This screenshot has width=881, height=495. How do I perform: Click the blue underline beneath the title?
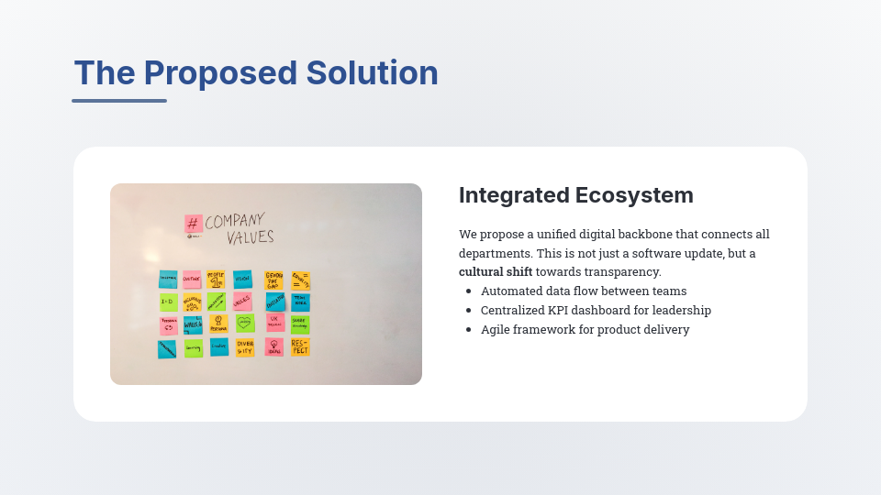point(119,101)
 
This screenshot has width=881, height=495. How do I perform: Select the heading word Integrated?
point(513,195)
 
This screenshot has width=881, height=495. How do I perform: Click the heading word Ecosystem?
point(634,195)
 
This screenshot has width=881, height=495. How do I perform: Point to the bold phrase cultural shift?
point(496,272)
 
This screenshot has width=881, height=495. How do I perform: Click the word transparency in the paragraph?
point(621,272)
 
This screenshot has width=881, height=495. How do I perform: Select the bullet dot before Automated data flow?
point(469,291)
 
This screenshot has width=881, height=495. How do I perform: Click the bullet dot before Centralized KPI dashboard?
point(469,311)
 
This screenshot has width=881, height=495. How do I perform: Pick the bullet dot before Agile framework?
point(469,330)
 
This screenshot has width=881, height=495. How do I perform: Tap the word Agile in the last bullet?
point(496,330)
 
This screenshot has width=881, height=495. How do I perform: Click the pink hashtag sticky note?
point(193,224)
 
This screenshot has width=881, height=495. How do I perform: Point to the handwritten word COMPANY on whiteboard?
point(234,221)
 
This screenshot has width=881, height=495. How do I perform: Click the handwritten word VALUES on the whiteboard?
point(251,237)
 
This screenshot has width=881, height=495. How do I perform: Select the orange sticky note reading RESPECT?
point(300,346)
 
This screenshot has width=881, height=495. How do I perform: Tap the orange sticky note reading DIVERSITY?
point(245,347)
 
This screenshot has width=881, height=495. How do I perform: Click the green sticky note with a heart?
point(245,324)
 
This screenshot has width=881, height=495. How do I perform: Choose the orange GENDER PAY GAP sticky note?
point(273,280)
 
